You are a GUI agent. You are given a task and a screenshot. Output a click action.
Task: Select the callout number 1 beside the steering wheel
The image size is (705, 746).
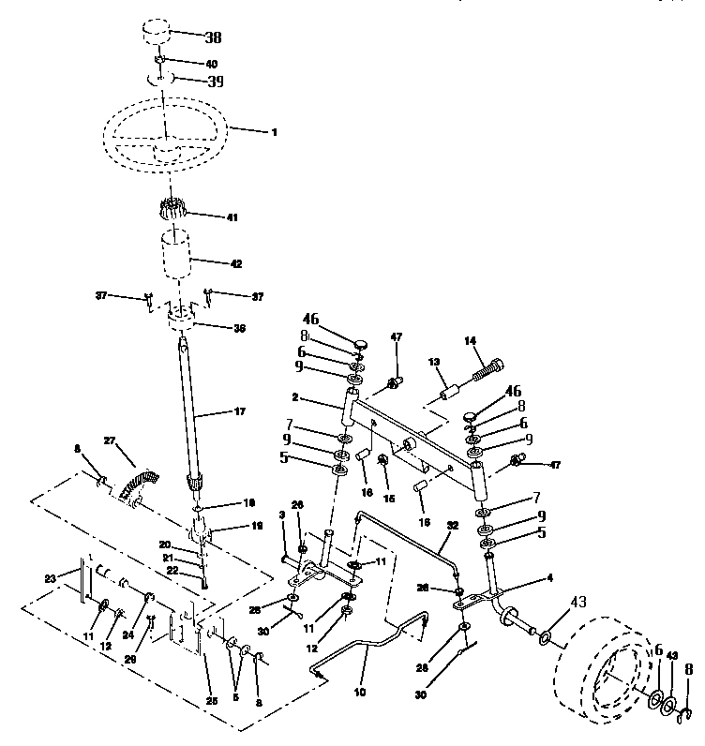click(x=274, y=132)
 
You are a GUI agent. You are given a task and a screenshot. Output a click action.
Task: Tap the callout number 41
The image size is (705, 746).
click(x=232, y=217)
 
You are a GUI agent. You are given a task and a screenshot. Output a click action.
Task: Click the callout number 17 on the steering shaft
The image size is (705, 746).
click(x=238, y=410)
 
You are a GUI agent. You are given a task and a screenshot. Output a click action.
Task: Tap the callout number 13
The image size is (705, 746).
click(x=434, y=362)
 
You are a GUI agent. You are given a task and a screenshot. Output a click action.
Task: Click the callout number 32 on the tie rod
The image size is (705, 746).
click(x=452, y=526)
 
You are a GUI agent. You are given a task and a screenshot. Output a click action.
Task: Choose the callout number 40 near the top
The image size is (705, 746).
click(x=211, y=64)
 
